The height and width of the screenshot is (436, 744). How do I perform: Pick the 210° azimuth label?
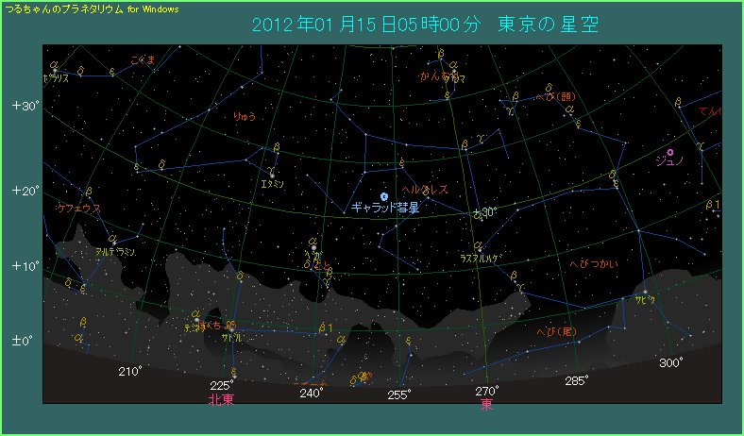130,371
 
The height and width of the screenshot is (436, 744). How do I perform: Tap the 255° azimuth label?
398,394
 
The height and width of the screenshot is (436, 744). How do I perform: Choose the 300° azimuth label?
671,363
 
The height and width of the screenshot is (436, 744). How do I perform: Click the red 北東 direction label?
221,399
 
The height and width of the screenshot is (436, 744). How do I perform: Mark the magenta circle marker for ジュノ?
670,151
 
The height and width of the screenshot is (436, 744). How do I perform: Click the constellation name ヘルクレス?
425,190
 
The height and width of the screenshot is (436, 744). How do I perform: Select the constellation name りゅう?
245,117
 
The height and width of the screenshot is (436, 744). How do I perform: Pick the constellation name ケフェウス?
79,208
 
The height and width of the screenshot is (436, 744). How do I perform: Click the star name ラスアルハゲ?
480,258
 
